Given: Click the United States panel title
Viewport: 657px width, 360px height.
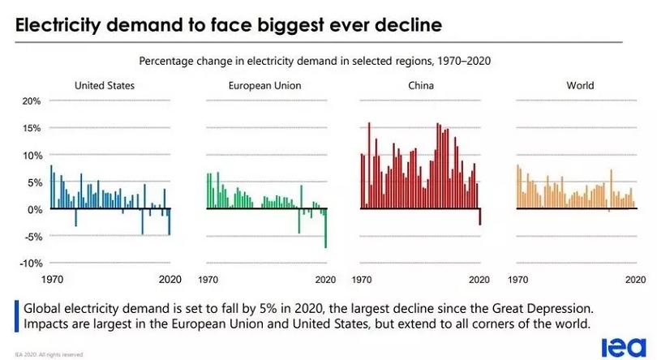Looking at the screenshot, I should [x=104, y=84].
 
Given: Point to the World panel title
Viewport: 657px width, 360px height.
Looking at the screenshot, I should [x=579, y=84].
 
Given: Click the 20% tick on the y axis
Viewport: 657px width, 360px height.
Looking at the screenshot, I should [x=31, y=101].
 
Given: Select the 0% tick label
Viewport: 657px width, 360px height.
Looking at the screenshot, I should [x=33, y=209].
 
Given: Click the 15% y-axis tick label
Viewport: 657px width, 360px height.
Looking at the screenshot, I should [x=31, y=128].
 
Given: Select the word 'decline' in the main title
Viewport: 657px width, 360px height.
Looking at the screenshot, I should [x=406, y=25].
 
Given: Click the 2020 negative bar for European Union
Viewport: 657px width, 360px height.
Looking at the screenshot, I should [x=325, y=228].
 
